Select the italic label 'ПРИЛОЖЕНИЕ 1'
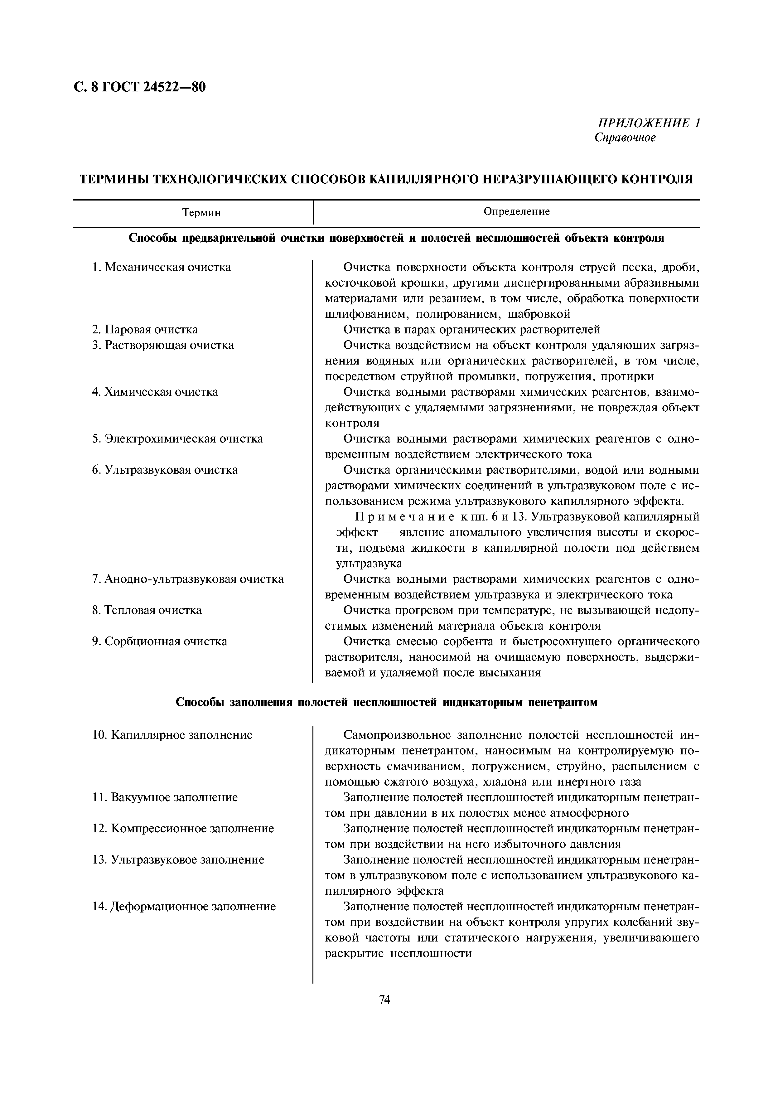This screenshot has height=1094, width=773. [x=648, y=123]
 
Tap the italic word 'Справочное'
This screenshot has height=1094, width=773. [x=625, y=138]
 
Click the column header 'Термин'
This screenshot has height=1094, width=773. [x=201, y=212]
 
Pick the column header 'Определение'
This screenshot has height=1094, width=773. [x=516, y=211]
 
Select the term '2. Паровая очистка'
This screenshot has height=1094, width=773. [x=145, y=330]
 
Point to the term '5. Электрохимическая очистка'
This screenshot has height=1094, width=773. [x=177, y=438]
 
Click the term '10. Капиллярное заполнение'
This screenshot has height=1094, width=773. [x=172, y=735]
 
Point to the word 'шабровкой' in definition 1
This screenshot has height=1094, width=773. [x=539, y=314]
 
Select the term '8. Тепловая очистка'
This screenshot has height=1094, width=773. [x=147, y=610]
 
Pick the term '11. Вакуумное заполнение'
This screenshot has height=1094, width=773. [x=165, y=797]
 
